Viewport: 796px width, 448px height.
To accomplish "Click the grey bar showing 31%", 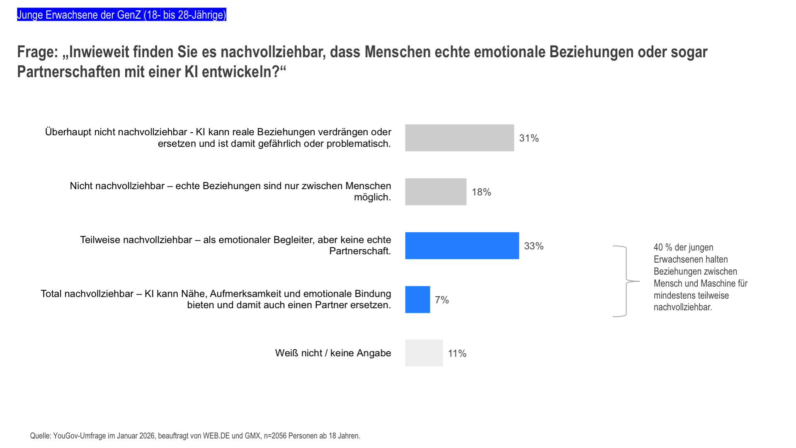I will (x=459, y=138).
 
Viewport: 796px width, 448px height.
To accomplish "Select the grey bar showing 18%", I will (x=435, y=192).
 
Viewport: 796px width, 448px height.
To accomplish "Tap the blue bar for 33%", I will (x=462, y=246).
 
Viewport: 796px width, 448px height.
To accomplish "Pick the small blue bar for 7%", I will (x=417, y=299).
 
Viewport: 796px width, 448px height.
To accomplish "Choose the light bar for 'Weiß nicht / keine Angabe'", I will (x=424, y=353).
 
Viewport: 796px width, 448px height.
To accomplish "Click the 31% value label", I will (x=529, y=138).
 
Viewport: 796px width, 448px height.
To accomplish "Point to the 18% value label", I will (x=481, y=192).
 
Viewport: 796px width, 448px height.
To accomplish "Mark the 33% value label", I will (x=534, y=246).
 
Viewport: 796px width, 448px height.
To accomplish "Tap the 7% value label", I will (x=442, y=300).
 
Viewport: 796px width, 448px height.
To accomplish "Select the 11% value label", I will (x=457, y=353).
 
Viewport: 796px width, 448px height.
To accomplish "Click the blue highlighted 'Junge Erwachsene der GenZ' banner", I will (x=121, y=15).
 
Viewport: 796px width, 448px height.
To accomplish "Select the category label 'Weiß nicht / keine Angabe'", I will (x=333, y=353).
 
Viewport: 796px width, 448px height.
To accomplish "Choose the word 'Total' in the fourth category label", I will (x=51, y=294).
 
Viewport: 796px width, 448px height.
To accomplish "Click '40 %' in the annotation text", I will (x=663, y=248).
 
